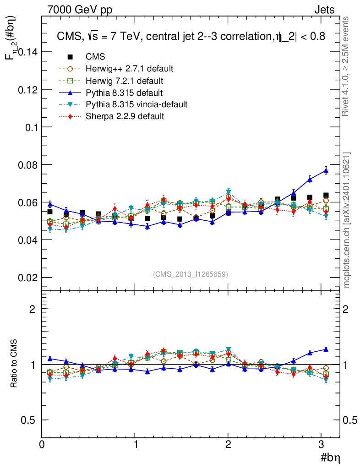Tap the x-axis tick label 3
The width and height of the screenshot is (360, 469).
(x=322, y=444)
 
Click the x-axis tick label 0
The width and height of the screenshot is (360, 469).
(x=42, y=444)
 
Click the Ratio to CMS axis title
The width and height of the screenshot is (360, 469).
(x=14, y=364)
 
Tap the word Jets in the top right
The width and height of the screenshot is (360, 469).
(x=324, y=10)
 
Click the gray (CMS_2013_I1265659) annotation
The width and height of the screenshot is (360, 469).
(x=190, y=274)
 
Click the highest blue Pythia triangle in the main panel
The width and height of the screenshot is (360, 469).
(x=326, y=170)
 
